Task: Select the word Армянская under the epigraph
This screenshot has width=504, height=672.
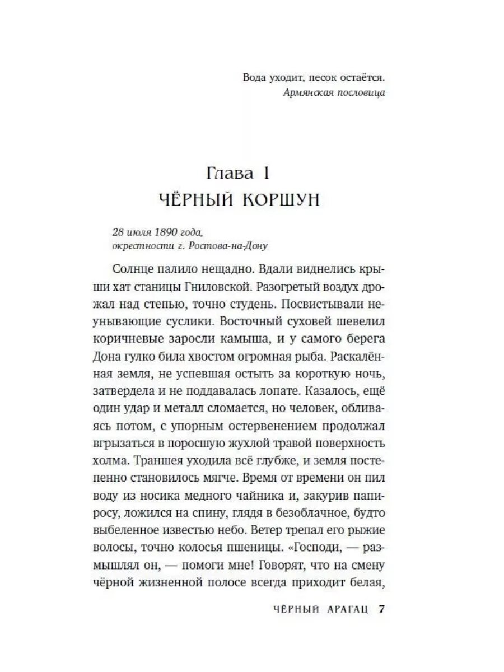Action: point(304,92)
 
